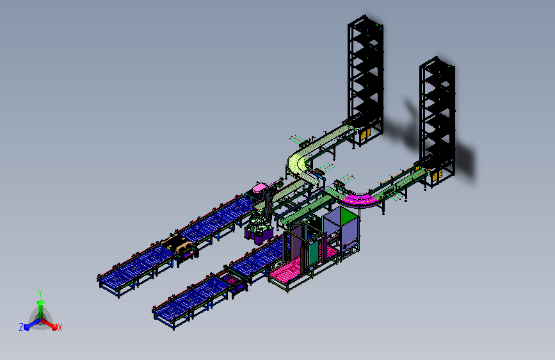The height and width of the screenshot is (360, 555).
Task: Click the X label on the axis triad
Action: (x=60, y=327)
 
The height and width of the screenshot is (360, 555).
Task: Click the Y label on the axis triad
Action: (x=40, y=293)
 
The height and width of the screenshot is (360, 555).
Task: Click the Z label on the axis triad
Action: (x=21, y=327)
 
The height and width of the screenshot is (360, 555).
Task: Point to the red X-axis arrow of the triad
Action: (x=49, y=324)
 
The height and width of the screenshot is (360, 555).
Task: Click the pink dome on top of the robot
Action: (x=261, y=188)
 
